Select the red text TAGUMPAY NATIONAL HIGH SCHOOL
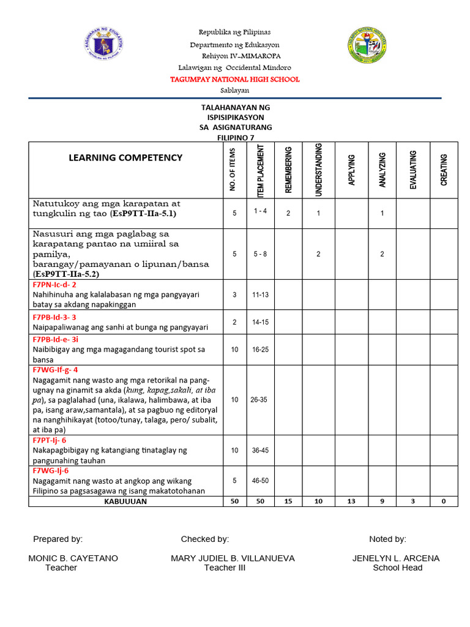coord(235,80)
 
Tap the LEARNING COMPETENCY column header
coord(125,157)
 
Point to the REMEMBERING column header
coord(289,170)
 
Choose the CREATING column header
coord(444,170)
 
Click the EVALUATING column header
coord(413,170)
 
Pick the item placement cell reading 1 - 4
coord(259,211)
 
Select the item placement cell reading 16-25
coord(260,349)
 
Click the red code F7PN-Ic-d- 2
coord(54,285)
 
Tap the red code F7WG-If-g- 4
coord(55,370)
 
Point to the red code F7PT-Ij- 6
coord(50,440)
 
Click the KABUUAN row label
coord(125,501)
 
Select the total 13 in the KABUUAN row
coord(350,501)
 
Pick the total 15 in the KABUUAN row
coord(288,501)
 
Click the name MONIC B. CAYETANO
coord(73,558)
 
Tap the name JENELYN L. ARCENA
coord(396,558)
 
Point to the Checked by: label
coord(205,539)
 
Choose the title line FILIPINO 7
coord(236,138)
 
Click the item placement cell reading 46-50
coord(260,481)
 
